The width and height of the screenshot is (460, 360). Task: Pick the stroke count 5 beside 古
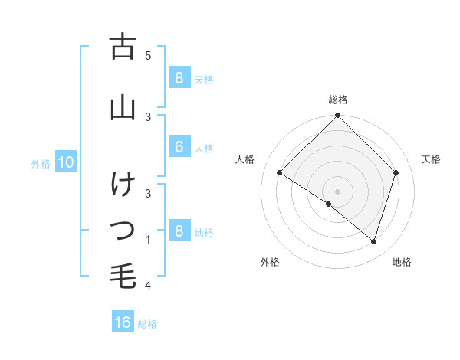[148, 55]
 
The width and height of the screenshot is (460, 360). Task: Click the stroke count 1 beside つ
[148, 240]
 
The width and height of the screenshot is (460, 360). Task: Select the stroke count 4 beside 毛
[148, 286]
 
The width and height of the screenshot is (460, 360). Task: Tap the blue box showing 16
[123, 322]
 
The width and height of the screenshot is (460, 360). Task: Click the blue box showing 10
[65, 162]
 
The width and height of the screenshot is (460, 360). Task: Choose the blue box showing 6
[179, 147]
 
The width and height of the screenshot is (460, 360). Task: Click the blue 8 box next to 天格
[179, 78]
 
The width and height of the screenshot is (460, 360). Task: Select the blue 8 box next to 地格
[179, 231]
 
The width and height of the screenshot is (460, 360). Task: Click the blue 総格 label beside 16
[147, 324]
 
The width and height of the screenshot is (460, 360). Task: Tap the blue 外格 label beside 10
[41, 163]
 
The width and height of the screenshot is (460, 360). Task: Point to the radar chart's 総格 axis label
[337, 100]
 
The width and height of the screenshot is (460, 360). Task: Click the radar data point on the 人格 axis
[280, 173]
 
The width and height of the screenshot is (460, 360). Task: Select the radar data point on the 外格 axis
[329, 205]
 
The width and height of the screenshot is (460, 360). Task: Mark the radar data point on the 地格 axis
[373, 241]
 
